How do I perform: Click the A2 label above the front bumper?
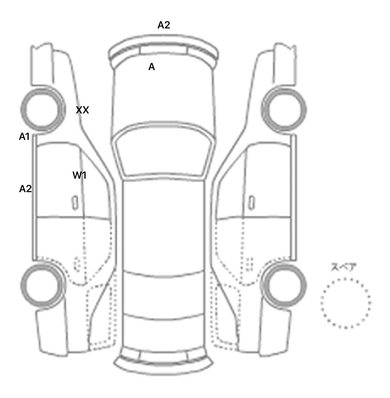tap(164, 25)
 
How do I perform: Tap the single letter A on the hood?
tap(152, 67)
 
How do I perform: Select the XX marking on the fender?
tap(83, 110)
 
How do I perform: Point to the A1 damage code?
tap(24, 137)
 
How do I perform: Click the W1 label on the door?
tap(79, 175)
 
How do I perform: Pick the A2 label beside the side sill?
tap(25, 189)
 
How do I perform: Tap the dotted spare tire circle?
tap(346, 303)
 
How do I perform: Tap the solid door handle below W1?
tap(75, 203)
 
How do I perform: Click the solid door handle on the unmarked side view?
tap(251, 203)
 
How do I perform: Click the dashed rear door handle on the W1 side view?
tap(77, 264)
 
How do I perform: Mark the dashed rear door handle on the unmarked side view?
tap(250, 264)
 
